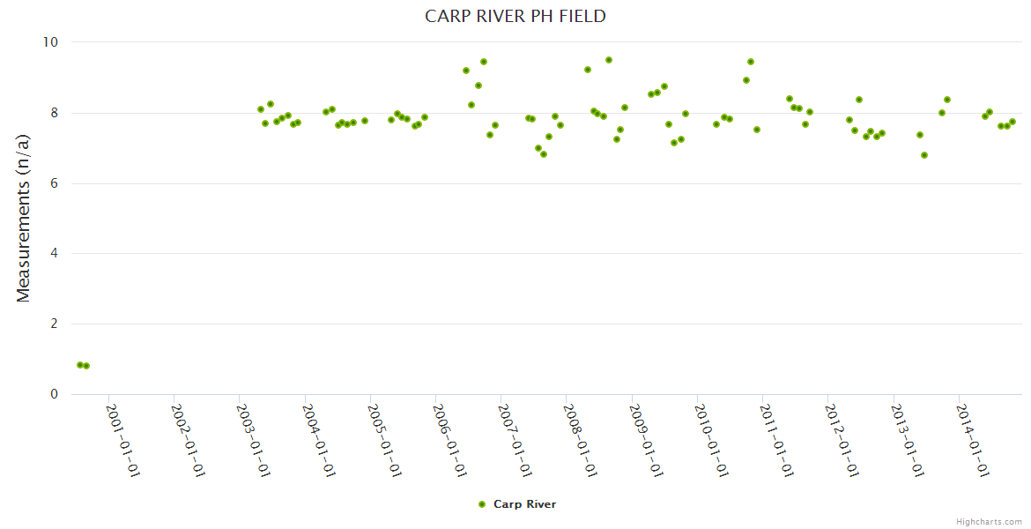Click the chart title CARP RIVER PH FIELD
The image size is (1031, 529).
pyautogui.click(x=515, y=16)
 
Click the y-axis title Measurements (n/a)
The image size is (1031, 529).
pyautogui.click(x=24, y=218)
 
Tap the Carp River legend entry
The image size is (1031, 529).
pyautogui.click(x=523, y=504)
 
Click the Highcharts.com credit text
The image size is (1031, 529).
pyautogui.click(x=989, y=521)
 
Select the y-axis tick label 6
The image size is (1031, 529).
pyautogui.click(x=53, y=183)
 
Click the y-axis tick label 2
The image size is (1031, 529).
pyautogui.click(x=53, y=324)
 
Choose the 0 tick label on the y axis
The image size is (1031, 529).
pyautogui.click(x=53, y=394)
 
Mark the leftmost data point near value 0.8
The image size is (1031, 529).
pyautogui.click(x=80, y=365)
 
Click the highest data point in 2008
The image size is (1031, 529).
pyautogui.click(x=609, y=60)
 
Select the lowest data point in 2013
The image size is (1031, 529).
pyautogui.click(x=924, y=155)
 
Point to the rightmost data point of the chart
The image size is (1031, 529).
pyautogui.click(x=1012, y=122)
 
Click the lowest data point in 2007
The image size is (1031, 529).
pyautogui.click(x=544, y=154)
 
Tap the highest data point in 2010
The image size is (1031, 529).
pyautogui.click(x=751, y=62)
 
